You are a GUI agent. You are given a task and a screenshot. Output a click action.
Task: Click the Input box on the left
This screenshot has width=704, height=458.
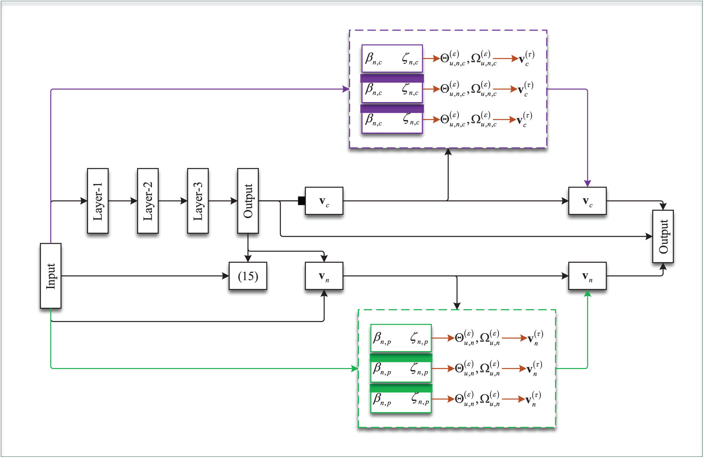pos(51,276)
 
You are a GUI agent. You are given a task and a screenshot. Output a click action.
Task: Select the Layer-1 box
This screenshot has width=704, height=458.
pos(98,201)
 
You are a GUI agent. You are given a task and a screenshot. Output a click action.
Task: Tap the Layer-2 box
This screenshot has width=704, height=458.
pos(148,201)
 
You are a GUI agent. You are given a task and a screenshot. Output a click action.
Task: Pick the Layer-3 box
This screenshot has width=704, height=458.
pos(198,201)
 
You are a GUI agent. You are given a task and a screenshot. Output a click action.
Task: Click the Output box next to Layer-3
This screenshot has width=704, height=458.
pos(248,201)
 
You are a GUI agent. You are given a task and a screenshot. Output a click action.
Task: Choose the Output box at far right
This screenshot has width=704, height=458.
pos(663,236)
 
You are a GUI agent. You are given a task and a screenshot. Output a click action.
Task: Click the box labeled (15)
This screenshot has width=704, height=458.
pos(248,276)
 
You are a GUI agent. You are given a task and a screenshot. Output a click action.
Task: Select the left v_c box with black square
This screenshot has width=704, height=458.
pos(324,201)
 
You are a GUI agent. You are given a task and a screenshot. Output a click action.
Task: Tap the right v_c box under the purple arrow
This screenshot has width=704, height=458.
pos(587,201)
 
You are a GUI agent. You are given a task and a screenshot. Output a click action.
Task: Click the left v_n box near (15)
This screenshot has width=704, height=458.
pos(324,276)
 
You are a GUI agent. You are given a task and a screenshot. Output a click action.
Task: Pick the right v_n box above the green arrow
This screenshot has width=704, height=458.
pos(587,276)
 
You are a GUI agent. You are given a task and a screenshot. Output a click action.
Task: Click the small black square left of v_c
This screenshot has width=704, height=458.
pos(302,201)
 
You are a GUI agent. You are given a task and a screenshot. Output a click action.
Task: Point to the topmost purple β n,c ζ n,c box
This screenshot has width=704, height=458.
pos(392,59)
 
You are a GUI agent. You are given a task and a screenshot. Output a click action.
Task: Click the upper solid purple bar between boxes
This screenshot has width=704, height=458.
pos(392,78)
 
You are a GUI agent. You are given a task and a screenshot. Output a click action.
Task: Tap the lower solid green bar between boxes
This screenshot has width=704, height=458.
pos(401,388)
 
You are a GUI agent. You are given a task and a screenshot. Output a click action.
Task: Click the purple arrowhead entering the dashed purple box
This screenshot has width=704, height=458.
pos(346,89)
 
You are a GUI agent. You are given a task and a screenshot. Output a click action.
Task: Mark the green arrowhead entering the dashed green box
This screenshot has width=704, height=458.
pos(355,368)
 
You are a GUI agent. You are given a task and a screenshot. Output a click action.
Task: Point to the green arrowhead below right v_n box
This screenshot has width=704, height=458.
pos(587,293)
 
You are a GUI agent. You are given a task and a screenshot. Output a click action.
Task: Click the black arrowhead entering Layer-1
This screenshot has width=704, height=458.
pos(84,201)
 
